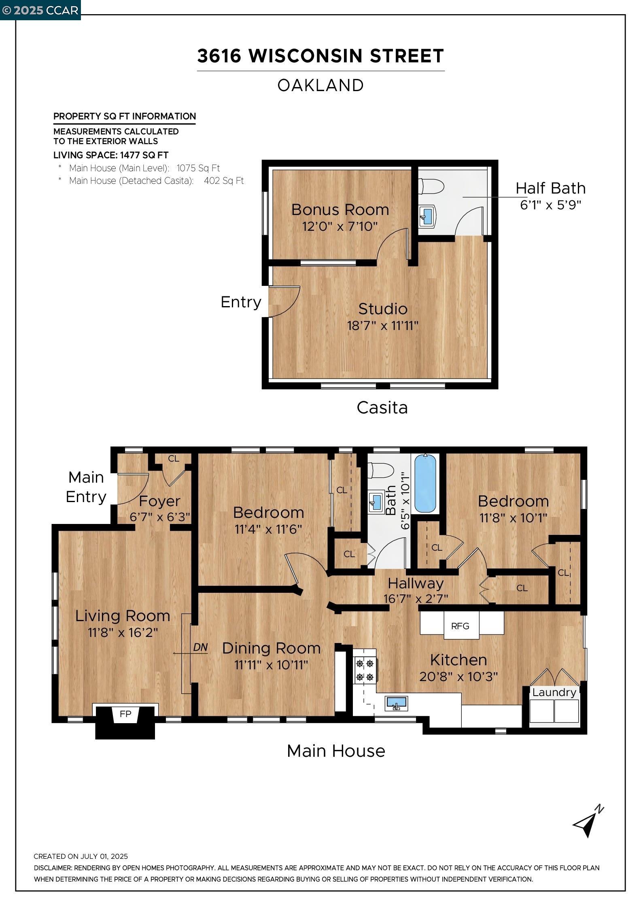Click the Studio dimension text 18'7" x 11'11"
pos(382,326)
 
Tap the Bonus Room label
pos(340,209)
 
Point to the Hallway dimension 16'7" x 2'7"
pos(416,598)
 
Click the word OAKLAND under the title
pos(320,85)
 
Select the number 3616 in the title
pos(219,56)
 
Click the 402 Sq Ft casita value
pos(224,181)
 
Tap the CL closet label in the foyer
pos(174,458)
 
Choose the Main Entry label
pos(86,487)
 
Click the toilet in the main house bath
pos(380,471)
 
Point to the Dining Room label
pos(271,648)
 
